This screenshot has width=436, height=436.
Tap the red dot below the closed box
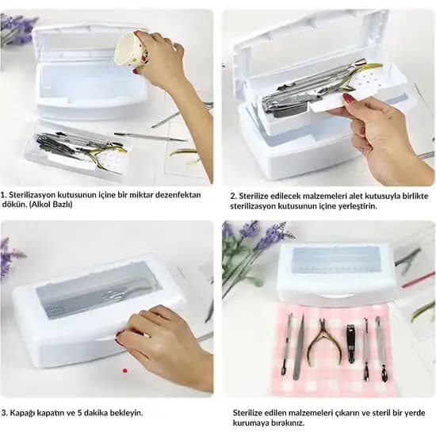click(x=125, y=370)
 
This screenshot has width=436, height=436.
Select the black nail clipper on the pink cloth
click(x=351, y=344)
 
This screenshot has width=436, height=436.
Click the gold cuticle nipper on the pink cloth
click(x=324, y=341)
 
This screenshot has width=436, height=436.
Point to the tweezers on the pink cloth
click(x=300, y=347)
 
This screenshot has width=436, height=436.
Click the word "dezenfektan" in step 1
click(x=178, y=195)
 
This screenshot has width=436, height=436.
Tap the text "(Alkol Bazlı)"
click(x=51, y=205)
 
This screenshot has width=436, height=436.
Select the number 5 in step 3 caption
click(x=79, y=413)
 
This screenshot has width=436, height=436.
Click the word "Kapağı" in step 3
click(x=22, y=413)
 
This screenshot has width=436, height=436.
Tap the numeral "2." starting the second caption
click(x=234, y=196)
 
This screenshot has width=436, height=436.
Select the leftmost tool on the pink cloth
click(x=287, y=345)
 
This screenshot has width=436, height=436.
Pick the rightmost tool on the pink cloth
click(x=381, y=350)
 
